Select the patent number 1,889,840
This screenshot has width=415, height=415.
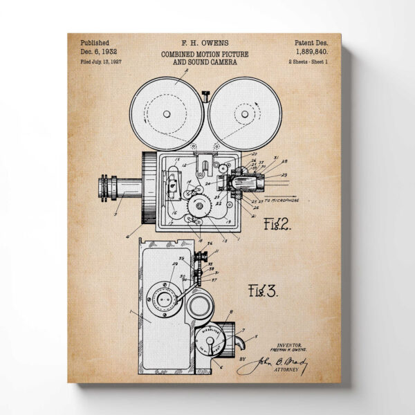[x=311, y=52]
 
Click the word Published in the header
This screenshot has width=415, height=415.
[x=94, y=42]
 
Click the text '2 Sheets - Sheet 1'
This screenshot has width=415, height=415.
[x=310, y=62]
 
